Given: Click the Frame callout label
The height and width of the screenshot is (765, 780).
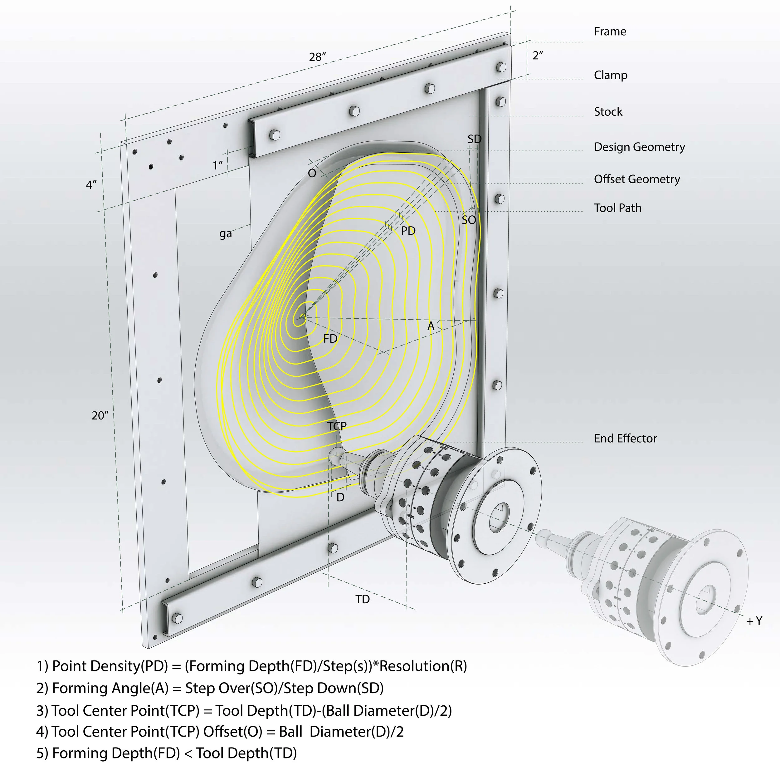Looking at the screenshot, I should click(x=610, y=31).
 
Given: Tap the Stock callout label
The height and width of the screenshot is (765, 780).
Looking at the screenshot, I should click(x=608, y=112).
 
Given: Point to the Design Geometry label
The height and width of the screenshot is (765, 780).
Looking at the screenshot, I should click(x=639, y=147).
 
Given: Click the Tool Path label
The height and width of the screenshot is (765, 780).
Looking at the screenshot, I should click(x=617, y=208).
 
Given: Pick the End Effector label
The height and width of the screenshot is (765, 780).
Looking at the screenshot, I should click(x=625, y=438).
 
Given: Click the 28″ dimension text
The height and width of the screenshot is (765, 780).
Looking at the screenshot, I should click(x=317, y=57).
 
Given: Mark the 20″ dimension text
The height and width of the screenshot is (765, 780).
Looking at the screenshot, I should click(x=100, y=416).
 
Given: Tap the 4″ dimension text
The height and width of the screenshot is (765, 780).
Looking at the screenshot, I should click(x=91, y=185).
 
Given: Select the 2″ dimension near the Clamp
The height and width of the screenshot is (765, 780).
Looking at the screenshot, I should click(x=538, y=56).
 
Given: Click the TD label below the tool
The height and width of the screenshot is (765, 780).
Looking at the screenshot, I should click(x=362, y=600).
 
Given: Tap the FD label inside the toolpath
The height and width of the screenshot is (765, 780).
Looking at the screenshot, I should click(x=330, y=339).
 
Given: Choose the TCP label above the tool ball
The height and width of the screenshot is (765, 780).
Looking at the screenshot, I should click(x=337, y=426).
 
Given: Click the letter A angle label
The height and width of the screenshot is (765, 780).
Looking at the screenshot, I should click(x=431, y=326).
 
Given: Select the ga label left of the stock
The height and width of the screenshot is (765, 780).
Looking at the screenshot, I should click(x=225, y=233).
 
